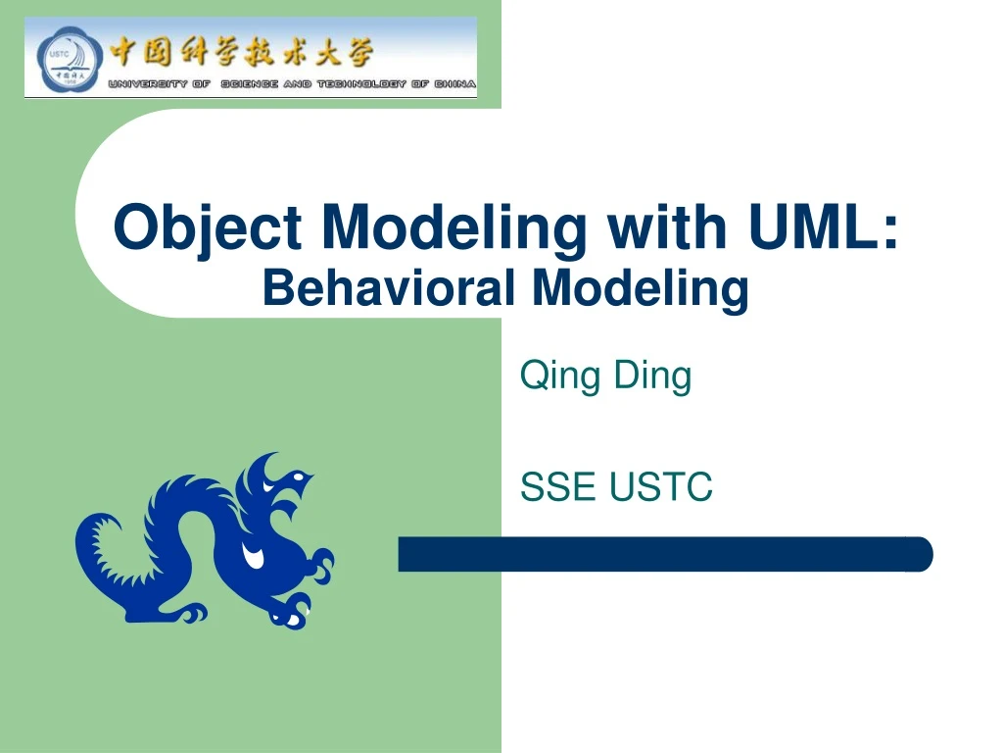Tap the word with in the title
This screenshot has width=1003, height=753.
pyautogui.click(x=667, y=227)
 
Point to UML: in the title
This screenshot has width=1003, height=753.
pyautogui.click(x=824, y=227)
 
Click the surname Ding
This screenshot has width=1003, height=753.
pyautogui.click(x=653, y=376)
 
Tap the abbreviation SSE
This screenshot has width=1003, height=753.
pyautogui.click(x=557, y=486)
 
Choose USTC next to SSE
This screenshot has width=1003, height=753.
pyautogui.click(x=661, y=486)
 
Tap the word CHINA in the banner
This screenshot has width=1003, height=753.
pyautogui.click(x=457, y=84)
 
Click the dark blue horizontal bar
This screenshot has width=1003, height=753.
pyautogui.click(x=665, y=554)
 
